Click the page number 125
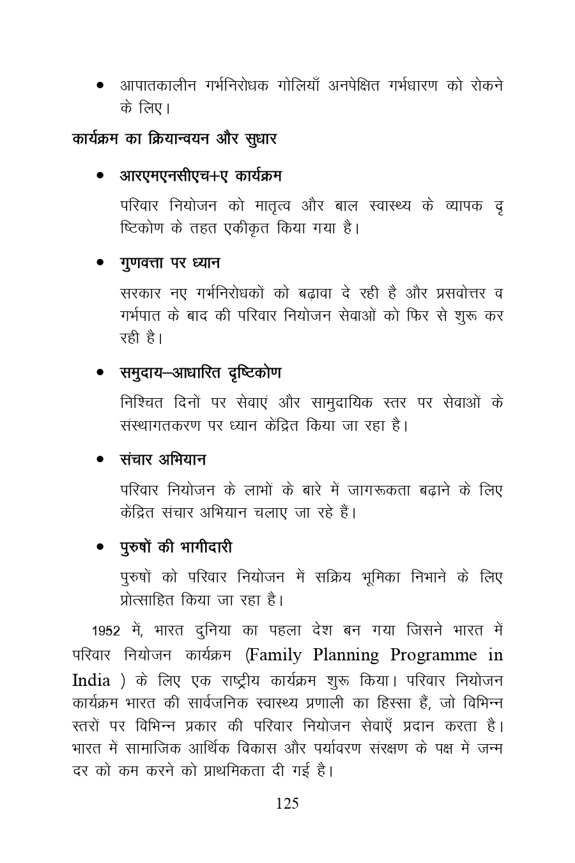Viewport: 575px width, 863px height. [x=287, y=804]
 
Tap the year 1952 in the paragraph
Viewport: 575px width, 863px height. [x=105, y=631]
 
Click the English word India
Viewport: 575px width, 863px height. [x=91, y=680]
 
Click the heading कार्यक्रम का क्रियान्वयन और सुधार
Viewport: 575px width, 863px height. [x=174, y=139]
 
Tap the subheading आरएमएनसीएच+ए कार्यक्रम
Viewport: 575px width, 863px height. [x=201, y=175]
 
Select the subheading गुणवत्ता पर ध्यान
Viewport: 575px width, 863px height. [x=170, y=263]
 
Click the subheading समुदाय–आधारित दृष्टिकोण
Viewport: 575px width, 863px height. [x=201, y=373]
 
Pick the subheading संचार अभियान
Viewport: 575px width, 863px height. [x=163, y=460]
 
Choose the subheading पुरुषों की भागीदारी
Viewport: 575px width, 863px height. [x=176, y=547]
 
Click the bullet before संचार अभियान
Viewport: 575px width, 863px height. [x=100, y=460]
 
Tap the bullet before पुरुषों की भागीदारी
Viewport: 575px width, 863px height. [x=100, y=548]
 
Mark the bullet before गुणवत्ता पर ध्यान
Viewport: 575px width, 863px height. [x=100, y=263]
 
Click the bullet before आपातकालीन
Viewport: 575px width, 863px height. [x=100, y=86]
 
